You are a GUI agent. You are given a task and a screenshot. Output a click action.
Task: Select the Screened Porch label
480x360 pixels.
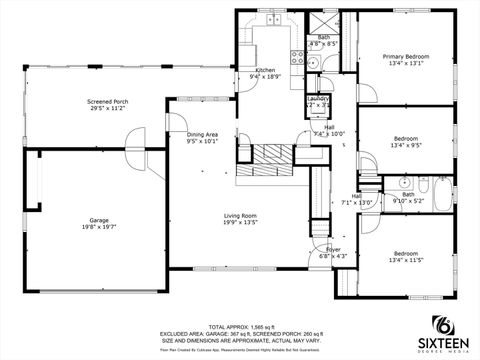[x=106, y=101]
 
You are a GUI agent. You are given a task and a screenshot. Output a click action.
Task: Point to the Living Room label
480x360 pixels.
[x=240, y=215]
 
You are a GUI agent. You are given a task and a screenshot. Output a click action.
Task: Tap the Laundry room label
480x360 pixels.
[x=318, y=99]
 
